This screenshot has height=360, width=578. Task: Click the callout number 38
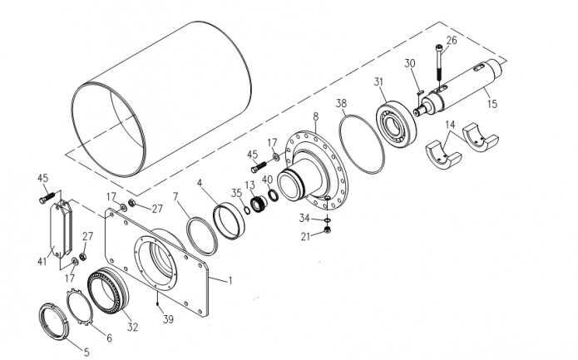pyautogui.click(x=341, y=103)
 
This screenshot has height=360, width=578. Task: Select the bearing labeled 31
pyautogui.click(x=396, y=125)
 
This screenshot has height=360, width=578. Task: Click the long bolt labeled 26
pyautogui.click(x=439, y=64)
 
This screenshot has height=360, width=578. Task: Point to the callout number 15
pyautogui.click(x=492, y=104)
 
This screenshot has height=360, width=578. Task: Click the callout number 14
pyautogui.click(x=450, y=125)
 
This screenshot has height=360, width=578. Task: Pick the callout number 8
pyautogui.click(x=315, y=116)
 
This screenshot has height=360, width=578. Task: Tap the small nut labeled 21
pyautogui.click(x=327, y=230)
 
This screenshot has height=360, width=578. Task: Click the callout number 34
pyautogui.click(x=304, y=219)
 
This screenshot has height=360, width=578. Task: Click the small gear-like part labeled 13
pyautogui.click(x=259, y=203)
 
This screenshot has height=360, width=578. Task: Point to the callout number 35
pyautogui.click(x=236, y=193)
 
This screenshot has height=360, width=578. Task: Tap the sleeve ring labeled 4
pyautogui.click(x=230, y=221)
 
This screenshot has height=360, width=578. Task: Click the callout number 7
pyautogui.click(x=175, y=197)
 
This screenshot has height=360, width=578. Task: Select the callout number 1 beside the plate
pyautogui.click(x=230, y=281)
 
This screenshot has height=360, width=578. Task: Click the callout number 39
pyautogui.click(x=168, y=319)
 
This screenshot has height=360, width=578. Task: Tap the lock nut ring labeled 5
pyautogui.click(x=54, y=321)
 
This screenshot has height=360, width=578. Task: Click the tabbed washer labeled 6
pyautogui.click(x=79, y=308)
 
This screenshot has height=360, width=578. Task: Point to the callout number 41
pyautogui.click(x=42, y=261)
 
